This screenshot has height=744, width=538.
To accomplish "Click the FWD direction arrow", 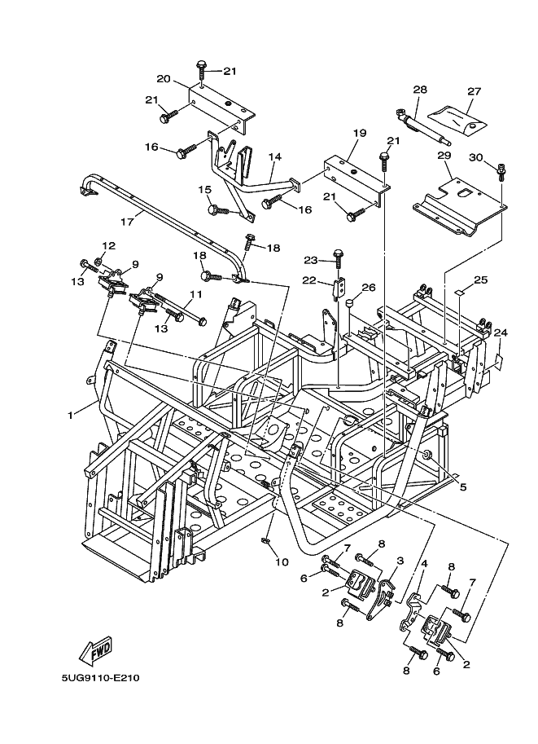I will tap(96, 651).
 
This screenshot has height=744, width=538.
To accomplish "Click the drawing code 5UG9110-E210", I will tap(100, 699).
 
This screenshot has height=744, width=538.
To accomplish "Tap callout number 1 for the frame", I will tap(71, 415).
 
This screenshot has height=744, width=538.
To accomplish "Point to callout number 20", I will tap(163, 79).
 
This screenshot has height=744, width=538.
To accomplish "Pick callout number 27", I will tap(475, 91).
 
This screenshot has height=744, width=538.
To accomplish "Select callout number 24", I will tap(501, 332).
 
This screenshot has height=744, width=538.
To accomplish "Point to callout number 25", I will tap(481, 280).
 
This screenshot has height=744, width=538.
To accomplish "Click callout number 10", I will tap(282, 561).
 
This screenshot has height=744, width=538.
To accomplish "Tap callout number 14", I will tap(274, 156).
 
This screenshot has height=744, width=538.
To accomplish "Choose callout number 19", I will tap(360, 133).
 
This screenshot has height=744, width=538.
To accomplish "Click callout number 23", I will tap(310, 261).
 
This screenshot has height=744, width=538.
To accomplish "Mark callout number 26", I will tap(369, 287).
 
